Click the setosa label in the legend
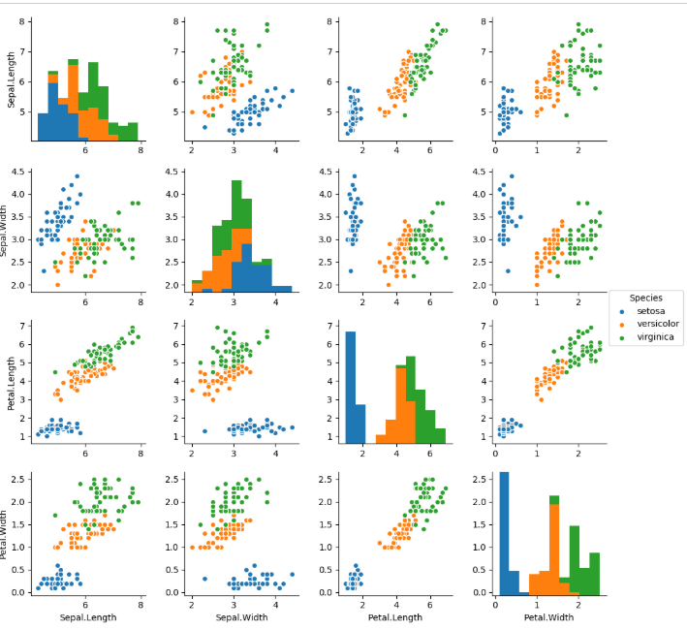pyautogui.click(x=650, y=310)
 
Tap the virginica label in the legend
pyautogui.click(x=654, y=337)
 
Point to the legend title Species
pyautogui.click(x=645, y=297)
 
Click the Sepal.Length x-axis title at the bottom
pyautogui.click(x=85, y=616)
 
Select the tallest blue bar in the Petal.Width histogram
pyautogui.click(x=502, y=532)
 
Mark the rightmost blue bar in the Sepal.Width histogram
pyautogui.click(x=282, y=288)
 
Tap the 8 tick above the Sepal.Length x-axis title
pyautogui.click(x=141, y=603)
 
